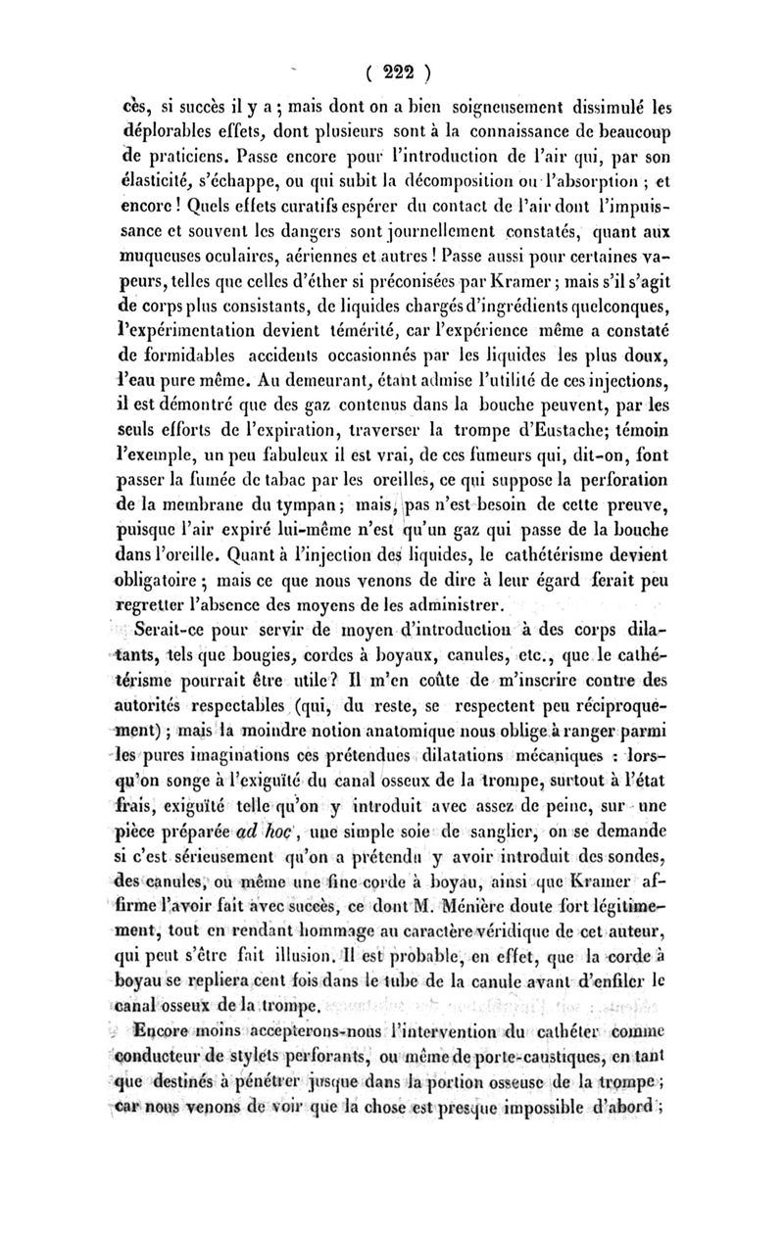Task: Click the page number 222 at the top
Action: [391, 71]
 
